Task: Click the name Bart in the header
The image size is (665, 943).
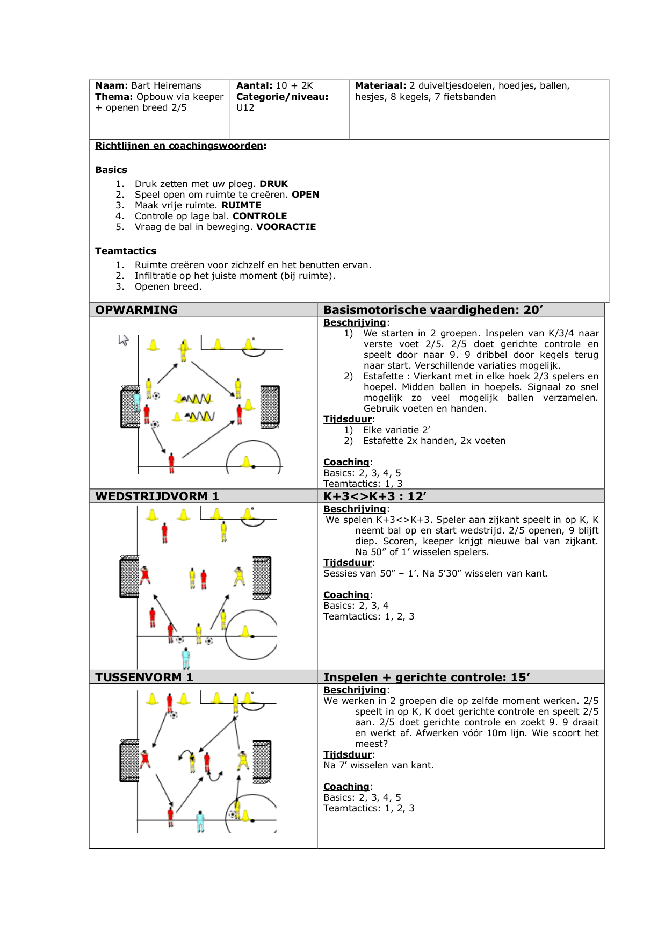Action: (141, 85)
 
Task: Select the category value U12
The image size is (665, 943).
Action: (245, 107)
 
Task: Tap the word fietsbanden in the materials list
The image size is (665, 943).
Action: (469, 97)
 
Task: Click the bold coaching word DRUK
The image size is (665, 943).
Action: (273, 184)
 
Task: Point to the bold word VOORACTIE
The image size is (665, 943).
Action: (286, 227)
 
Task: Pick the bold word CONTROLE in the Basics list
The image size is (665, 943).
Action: (259, 216)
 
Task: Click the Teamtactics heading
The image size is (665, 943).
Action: (126, 251)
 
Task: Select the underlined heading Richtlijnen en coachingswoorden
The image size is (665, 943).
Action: (179, 146)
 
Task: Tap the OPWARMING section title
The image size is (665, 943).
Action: (136, 310)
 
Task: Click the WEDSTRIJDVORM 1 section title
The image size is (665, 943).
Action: (157, 496)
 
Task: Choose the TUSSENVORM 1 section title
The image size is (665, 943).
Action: (144, 678)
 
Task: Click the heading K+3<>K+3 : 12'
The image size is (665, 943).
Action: (375, 496)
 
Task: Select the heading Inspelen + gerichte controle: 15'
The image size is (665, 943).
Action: (427, 678)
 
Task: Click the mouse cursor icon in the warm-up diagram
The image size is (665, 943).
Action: (124, 340)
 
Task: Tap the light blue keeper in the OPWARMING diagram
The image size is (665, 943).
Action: (136, 400)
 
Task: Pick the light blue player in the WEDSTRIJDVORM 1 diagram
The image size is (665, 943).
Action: (186, 657)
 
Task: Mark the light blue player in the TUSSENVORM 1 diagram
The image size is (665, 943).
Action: (200, 821)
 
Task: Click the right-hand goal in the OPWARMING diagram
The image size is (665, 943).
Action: (270, 406)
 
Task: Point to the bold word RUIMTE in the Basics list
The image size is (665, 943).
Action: (241, 205)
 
